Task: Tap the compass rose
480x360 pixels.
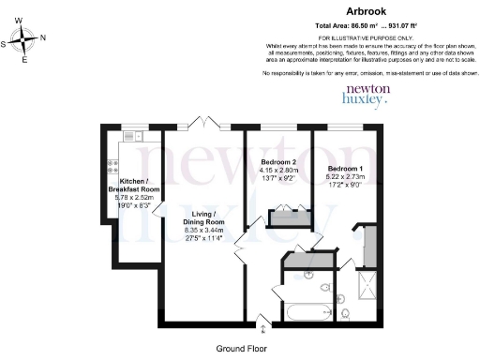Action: click(25, 40)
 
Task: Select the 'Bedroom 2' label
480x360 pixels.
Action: click(279, 162)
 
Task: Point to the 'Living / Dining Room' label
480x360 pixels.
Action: click(204, 218)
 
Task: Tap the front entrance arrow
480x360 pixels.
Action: click(262, 326)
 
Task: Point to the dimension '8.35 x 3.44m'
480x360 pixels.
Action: click(204, 231)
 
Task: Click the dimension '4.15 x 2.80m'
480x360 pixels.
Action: click(279, 171)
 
